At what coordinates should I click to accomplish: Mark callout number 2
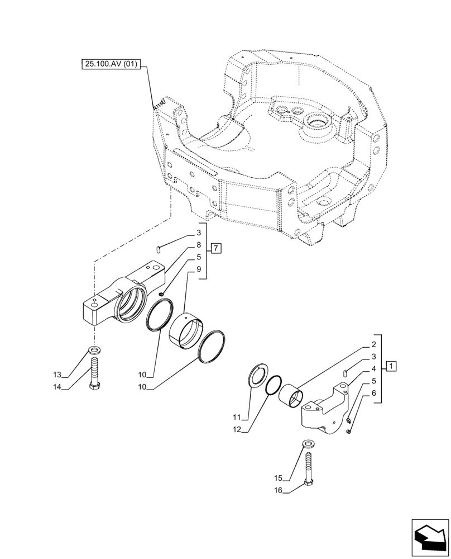pyautogui.click(x=374, y=345)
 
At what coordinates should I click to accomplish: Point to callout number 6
pyautogui.click(x=374, y=393)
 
